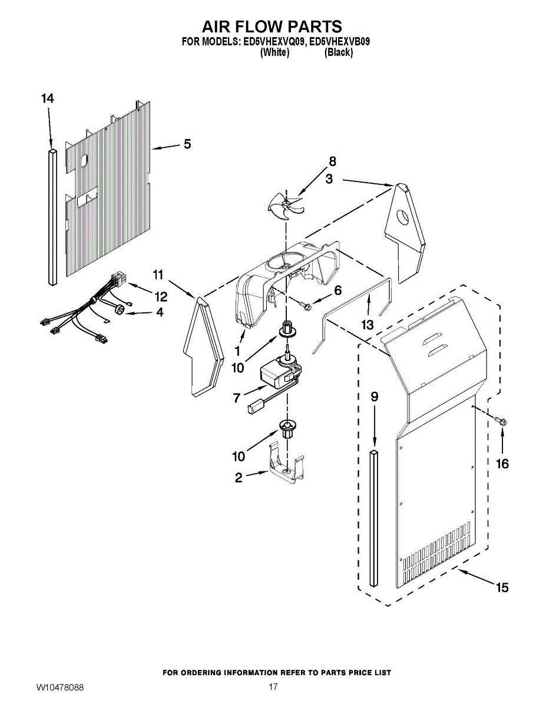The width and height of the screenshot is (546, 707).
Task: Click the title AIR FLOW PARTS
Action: (272, 27)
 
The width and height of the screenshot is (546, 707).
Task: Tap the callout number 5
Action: (187, 144)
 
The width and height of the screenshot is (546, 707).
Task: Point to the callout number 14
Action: (48, 99)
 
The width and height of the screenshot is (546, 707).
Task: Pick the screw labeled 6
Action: (306, 305)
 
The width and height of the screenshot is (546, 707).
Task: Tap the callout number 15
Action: (502, 587)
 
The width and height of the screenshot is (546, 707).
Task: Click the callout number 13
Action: (368, 324)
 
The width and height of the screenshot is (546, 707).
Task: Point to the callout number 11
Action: (157, 274)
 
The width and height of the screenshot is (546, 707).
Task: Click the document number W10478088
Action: (60, 688)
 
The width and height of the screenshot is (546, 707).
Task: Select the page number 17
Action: (273, 687)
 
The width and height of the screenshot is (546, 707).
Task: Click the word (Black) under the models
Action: (339, 52)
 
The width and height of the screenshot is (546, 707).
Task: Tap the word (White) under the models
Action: (274, 52)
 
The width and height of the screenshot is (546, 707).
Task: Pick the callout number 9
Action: (374, 397)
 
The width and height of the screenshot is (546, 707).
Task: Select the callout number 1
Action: (237, 349)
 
